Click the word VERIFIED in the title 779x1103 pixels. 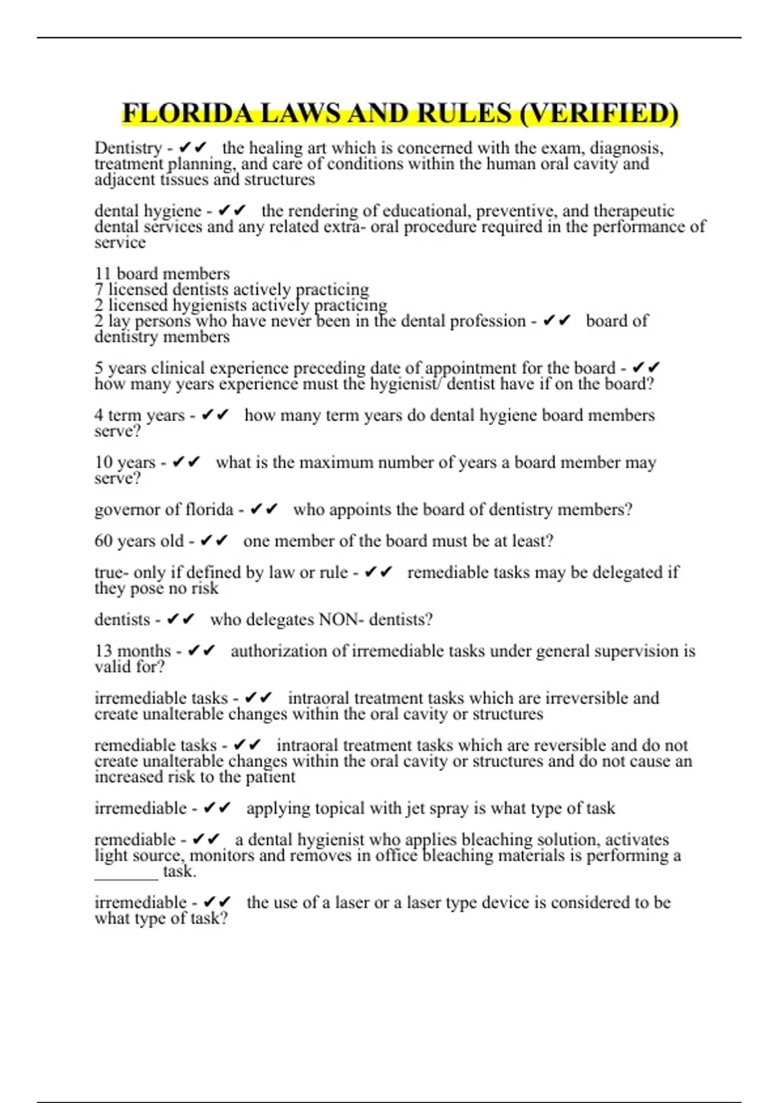(598, 114)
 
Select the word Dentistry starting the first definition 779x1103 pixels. (128, 149)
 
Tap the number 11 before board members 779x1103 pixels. (103, 274)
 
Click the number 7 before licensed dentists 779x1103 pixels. (99, 289)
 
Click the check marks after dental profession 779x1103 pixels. (557, 321)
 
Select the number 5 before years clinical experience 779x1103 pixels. (99, 368)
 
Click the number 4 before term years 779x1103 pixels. (99, 415)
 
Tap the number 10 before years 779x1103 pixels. (104, 463)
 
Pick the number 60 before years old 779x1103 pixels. (104, 541)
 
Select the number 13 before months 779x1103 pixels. (103, 651)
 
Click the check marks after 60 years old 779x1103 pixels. (214, 540)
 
